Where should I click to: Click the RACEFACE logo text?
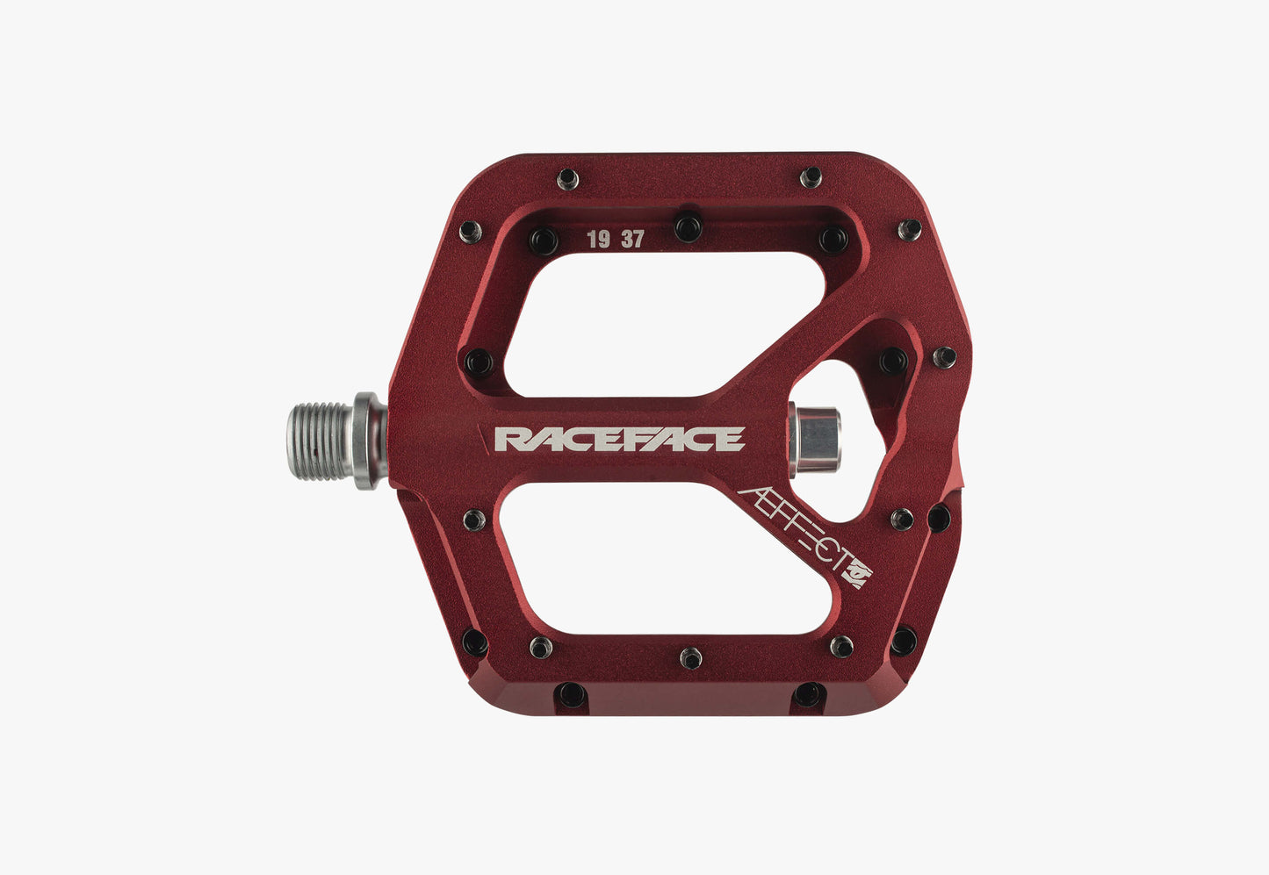point(620,439)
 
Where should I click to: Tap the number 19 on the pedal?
point(598,240)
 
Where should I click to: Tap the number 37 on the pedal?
point(633,239)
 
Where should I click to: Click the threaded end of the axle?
point(320,441)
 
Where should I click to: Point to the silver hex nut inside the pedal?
point(814,440)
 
